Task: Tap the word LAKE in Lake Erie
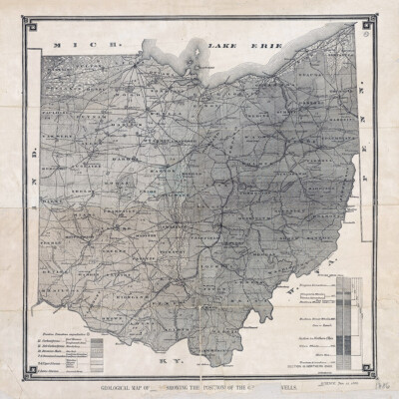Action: [x=224, y=46]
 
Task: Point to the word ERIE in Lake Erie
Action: [x=269, y=45]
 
